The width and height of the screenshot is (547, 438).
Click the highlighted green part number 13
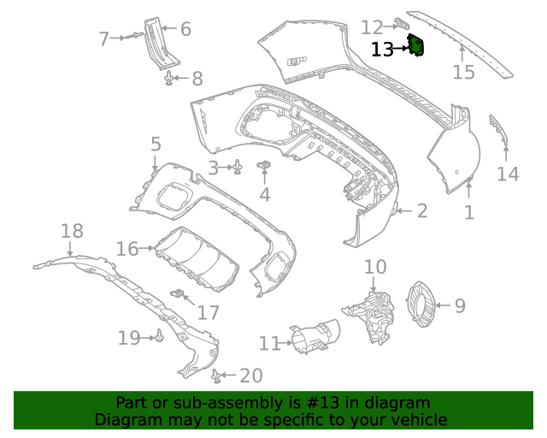coord(416,45)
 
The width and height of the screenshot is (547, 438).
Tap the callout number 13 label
coord(382,50)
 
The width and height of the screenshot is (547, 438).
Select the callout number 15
coord(463,72)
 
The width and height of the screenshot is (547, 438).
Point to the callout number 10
coord(375,267)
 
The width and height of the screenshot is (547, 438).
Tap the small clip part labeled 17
coord(179,294)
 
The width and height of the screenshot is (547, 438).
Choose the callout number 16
coord(126,249)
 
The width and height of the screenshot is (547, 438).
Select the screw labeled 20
coord(216,374)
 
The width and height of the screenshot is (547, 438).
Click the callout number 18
coord(73,230)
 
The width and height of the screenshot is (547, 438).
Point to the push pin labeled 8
coord(169,80)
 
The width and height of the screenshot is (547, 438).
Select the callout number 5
coord(155,144)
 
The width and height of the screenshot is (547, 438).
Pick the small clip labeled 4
coord(264,164)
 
